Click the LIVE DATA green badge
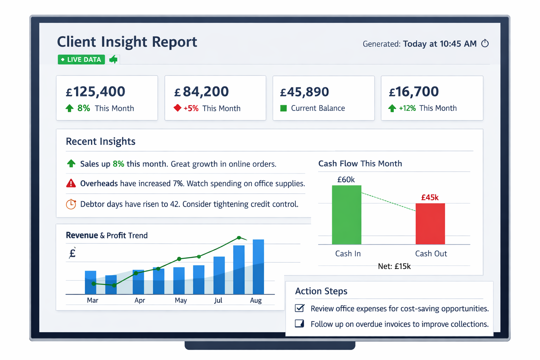pyautogui.click(x=81, y=59)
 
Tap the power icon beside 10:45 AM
pyautogui.click(x=485, y=43)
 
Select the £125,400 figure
pyautogui.click(x=95, y=92)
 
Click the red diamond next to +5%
pyautogui.click(x=178, y=108)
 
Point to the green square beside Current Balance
pyautogui.click(x=283, y=108)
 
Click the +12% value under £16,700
pyautogui.click(x=407, y=108)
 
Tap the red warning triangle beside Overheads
pyautogui.click(x=71, y=183)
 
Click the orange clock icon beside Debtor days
pyautogui.click(x=71, y=204)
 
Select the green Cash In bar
pyautogui.click(x=347, y=215)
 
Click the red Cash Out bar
pyautogui.click(x=430, y=224)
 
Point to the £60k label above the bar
pyautogui.click(x=346, y=180)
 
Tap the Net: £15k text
pyautogui.click(x=394, y=266)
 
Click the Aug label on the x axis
pyautogui.click(x=256, y=300)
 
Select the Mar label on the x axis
pyautogui.click(x=92, y=300)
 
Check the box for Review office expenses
pyautogui.click(x=300, y=308)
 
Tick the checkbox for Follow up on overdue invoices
pyautogui.click(x=300, y=324)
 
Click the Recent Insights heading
pyautogui.click(x=101, y=141)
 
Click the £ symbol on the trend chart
pyautogui.click(x=72, y=253)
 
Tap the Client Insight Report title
pyautogui.click(x=127, y=42)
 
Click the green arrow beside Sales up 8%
pyautogui.click(x=71, y=163)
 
